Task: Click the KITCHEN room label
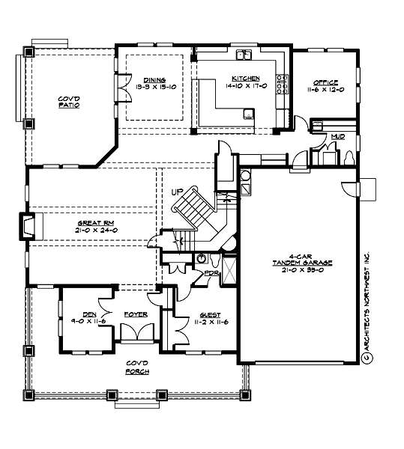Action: [x=246, y=79]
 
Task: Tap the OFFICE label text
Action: [x=326, y=82]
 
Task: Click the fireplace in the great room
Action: [x=27, y=225]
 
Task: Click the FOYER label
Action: [x=136, y=315]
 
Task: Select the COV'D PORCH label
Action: [x=136, y=366]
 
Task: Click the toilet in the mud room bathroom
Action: [x=349, y=158]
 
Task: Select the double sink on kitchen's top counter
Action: [x=244, y=55]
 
